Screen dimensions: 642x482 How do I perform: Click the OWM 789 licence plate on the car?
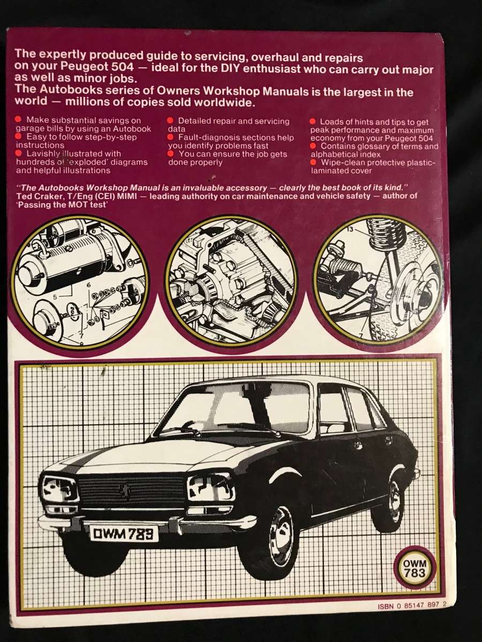coord(124,532)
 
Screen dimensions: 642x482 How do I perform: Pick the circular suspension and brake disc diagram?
coord(378,278)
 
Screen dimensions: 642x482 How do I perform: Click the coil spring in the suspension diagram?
coord(387,232)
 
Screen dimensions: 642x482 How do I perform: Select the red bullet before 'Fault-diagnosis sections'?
coord(170,137)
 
